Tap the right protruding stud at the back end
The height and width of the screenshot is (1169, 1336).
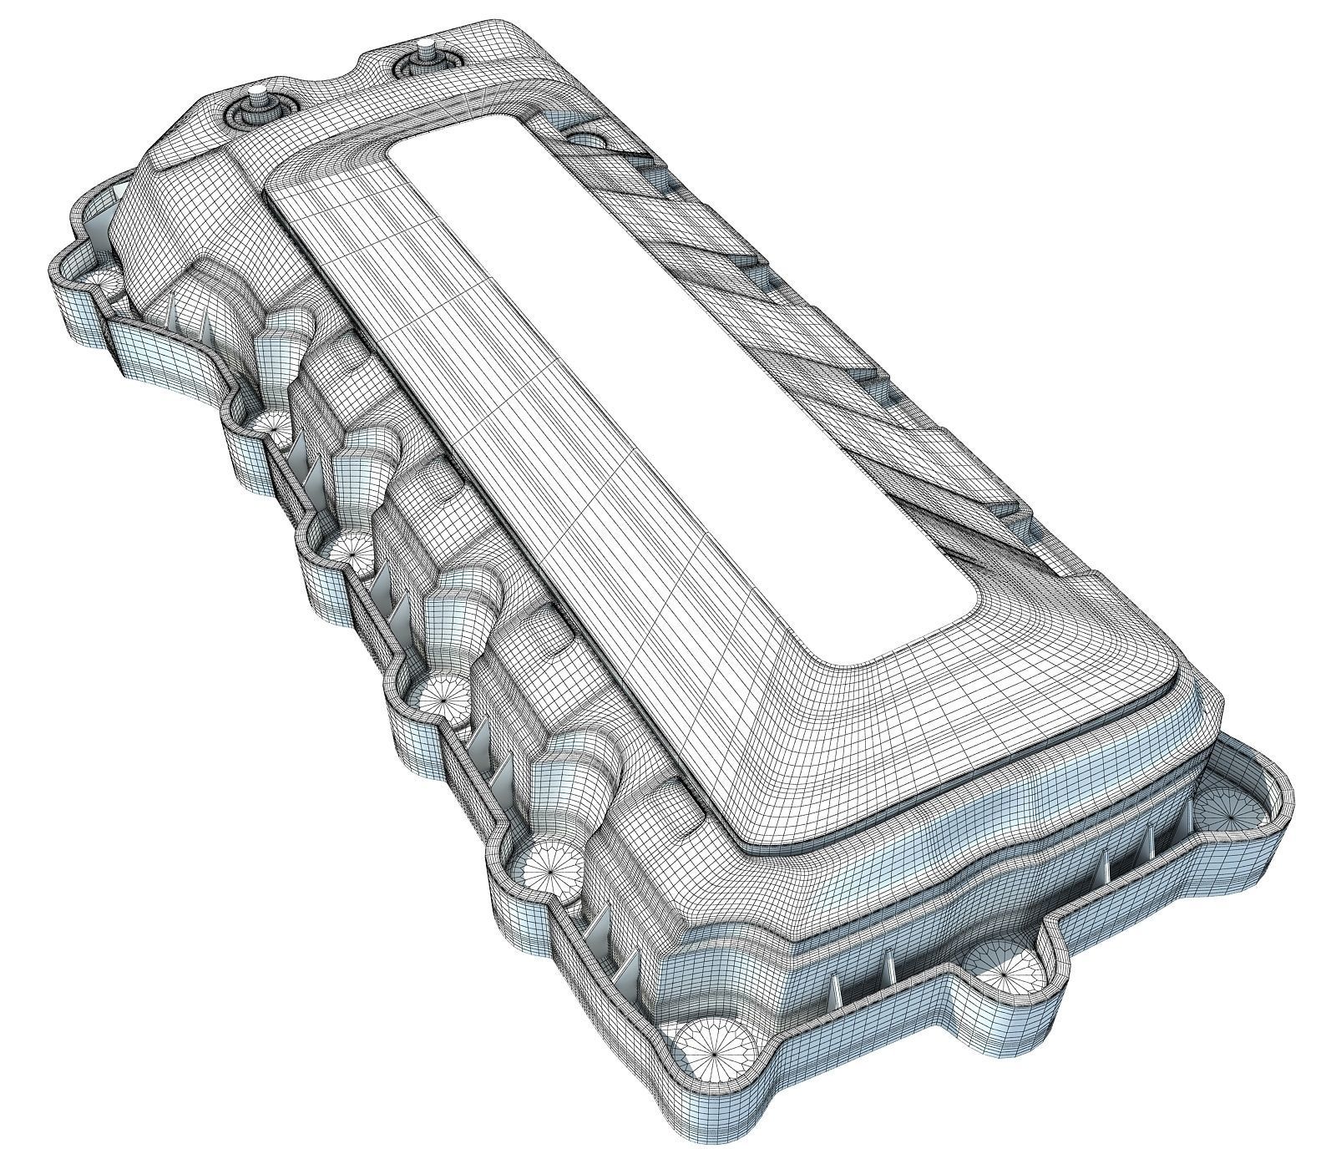pyautogui.click(x=427, y=44)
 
